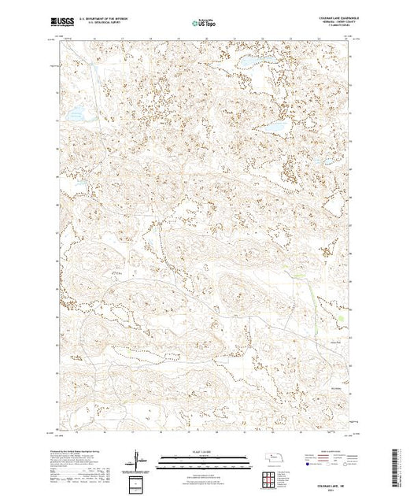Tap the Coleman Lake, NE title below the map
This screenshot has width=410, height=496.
pos(325,481)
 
